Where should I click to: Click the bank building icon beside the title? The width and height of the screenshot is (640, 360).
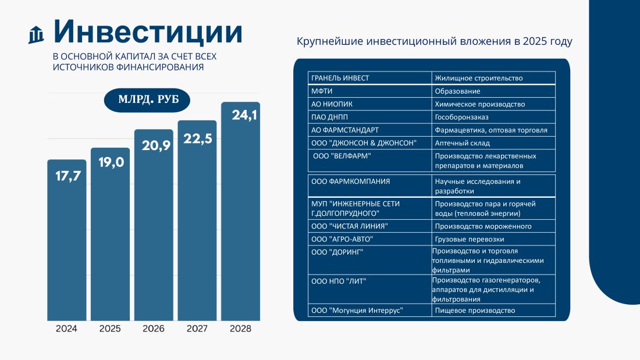click(x=37, y=35)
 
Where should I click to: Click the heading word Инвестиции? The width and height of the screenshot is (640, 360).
click(x=148, y=32)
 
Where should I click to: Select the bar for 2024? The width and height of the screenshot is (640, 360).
click(x=66, y=244)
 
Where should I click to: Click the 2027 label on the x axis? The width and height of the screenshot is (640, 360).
click(x=197, y=329)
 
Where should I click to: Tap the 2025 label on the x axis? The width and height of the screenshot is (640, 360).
click(x=110, y=329)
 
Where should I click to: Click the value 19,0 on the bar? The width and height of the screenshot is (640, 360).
click(x=111, y=162)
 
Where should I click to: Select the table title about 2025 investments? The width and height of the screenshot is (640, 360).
click(x=435, y=42)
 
